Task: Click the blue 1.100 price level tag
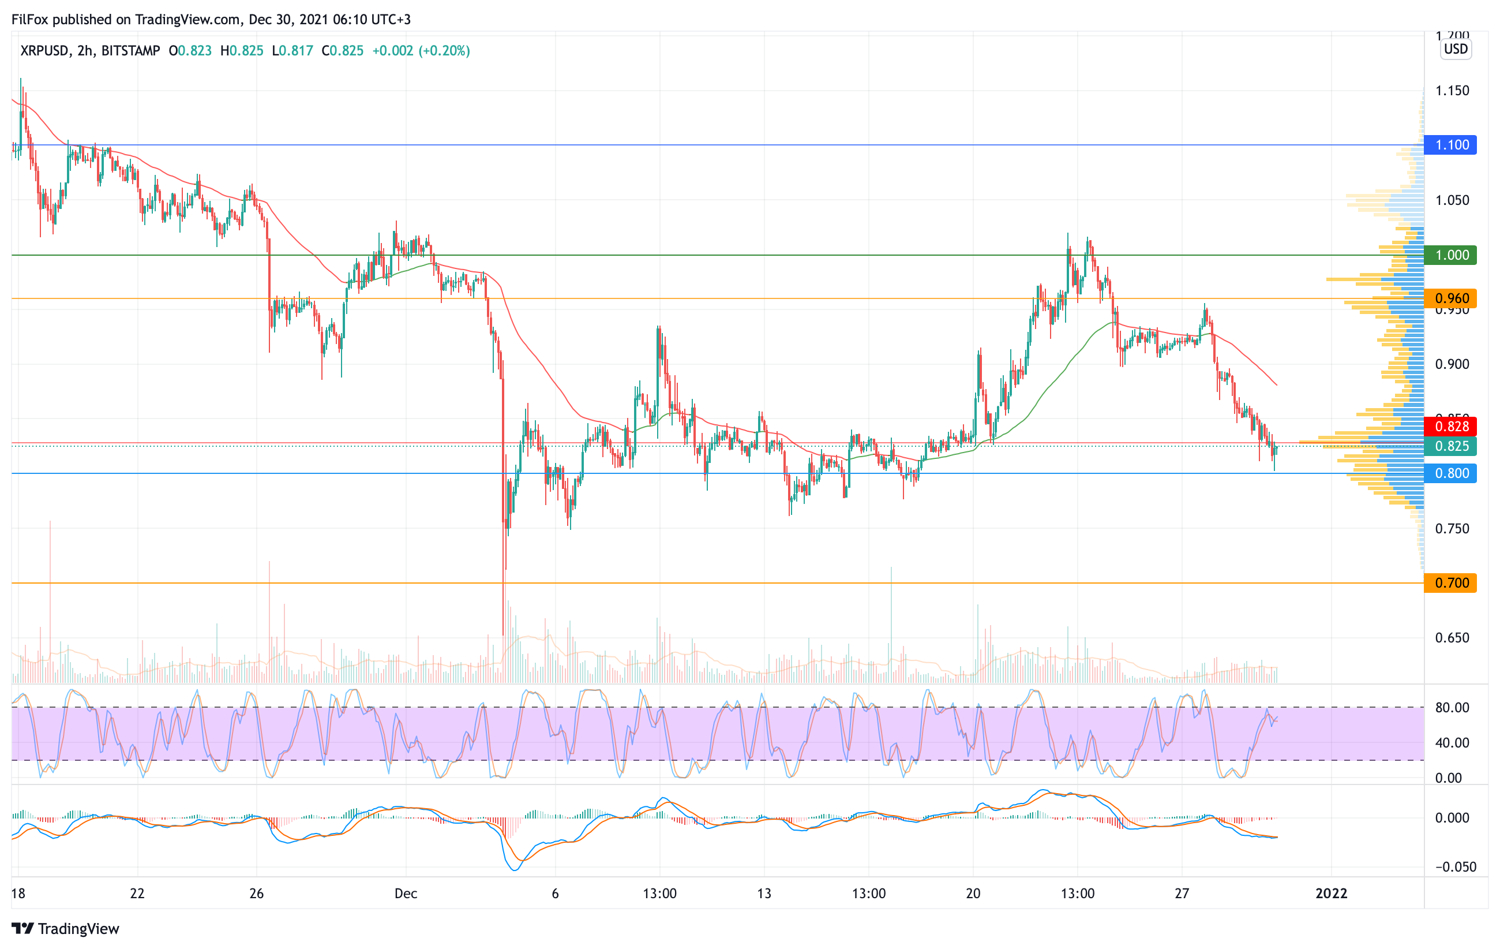(1451, 145)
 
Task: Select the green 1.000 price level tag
(1451, 255)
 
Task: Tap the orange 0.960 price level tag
(1451, 298)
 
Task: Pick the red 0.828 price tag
(1451, 426)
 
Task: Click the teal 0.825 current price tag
(1451, 446)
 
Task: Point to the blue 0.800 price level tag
(1451, 473)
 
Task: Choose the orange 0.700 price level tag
(1451, 583)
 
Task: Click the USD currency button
(1456, 49)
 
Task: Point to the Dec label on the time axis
(406, 894)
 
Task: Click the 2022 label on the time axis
(1331, 894)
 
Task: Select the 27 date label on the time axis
(1182, 894)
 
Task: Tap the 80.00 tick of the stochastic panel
(1452, 708)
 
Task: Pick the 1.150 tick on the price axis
(1452, 91)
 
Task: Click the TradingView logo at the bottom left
(65, 928)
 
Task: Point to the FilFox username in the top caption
(30, 19)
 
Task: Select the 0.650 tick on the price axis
(1452, 638)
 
